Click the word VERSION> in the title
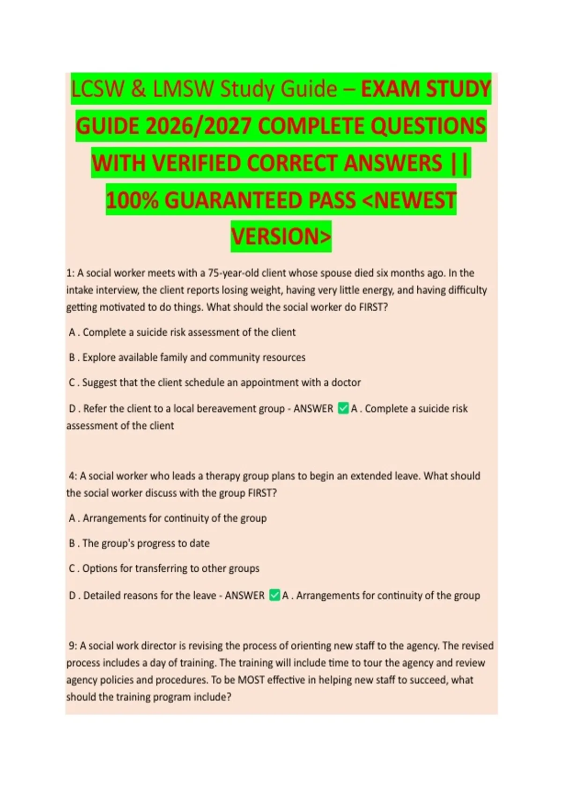click(281, 236)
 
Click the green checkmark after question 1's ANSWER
click(343, 408)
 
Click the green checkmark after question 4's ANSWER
click(274, 595)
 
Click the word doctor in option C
click(346, 383)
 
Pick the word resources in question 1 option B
click(283, 357)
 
